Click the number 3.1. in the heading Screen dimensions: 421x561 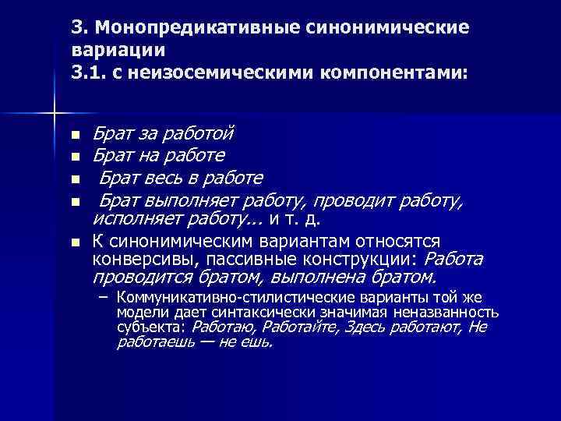87,73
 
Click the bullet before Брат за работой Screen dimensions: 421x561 75,135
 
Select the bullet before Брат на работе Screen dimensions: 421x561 75,157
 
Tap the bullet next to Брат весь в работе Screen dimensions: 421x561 75,179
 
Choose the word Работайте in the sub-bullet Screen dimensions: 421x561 297,327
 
